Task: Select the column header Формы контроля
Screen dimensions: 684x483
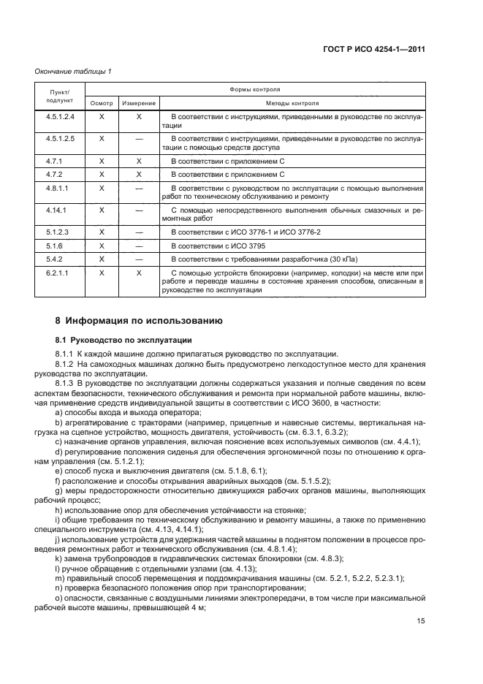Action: pos(256,89)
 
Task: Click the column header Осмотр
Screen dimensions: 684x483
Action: pos(102,104)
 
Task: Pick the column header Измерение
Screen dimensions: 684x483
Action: pos(138,104)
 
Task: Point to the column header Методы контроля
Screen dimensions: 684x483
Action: pos(292,104)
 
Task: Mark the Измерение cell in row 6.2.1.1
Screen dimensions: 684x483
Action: pos(138,272)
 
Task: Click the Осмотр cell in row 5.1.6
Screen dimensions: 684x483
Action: pos(102,245)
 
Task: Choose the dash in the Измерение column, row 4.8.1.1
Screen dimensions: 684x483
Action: pos(138,189)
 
